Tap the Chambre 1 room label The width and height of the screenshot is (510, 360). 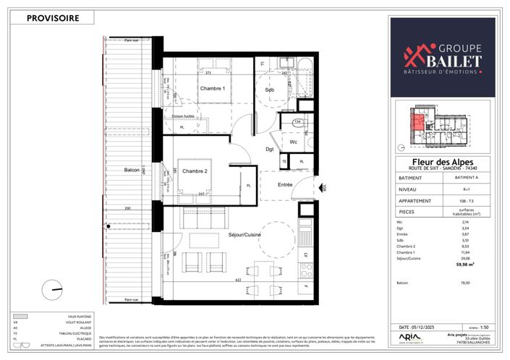213,88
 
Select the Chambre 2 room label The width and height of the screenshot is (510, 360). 195,171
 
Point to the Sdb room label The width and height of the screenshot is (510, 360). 270,90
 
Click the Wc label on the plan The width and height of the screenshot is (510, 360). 294,142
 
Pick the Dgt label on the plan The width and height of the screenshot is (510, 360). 269,149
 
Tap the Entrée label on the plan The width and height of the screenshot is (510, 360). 284,185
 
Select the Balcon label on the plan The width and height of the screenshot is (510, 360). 132,170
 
